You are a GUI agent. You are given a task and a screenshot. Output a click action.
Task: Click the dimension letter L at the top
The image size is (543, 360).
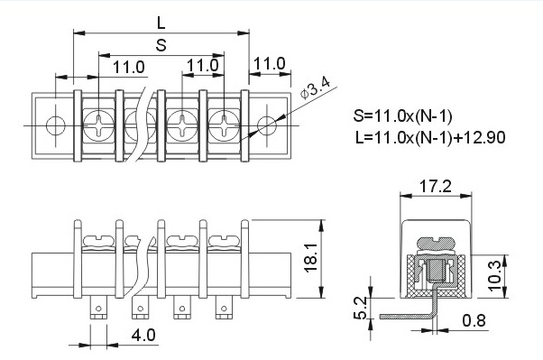pyautogui.click(x=161, y=23)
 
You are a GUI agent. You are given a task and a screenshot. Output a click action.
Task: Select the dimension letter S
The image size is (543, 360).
pyautogui.click(x=161, y=45)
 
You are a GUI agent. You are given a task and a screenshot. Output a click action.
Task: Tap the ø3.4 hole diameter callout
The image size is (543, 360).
pyautogui.click(x=316, y=88)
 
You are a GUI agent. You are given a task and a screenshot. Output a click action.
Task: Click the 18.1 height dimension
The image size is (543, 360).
pyautogui.click(x=311, y=258)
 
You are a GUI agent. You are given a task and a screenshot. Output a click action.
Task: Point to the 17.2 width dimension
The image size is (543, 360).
pyautogui.click(x=436, y=186)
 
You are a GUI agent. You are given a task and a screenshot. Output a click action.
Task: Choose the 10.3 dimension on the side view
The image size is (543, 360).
pyautogui.click(x=493, y=276)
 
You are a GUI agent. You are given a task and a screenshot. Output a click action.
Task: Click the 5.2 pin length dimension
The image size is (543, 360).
pyautogui.click(x=360, y=308)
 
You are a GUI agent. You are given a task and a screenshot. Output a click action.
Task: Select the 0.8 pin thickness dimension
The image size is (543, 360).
pyautogui.click(x=474, y=320)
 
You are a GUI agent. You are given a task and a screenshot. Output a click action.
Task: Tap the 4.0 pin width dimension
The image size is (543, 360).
pyautogui.click(x=143, y=335)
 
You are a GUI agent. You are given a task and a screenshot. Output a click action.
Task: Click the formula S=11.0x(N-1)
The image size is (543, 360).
pyautogui.click(x=402, y=116)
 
